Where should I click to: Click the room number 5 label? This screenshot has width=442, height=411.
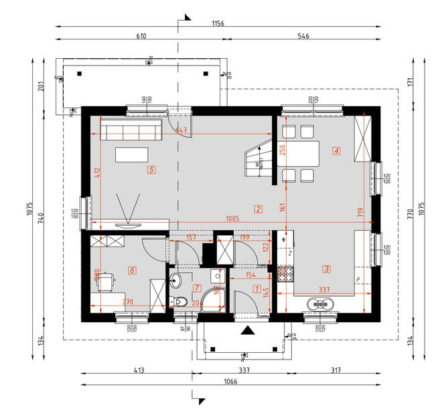click(x=152, y=170)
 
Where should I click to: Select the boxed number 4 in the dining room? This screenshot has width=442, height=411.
click(x=336, y=151)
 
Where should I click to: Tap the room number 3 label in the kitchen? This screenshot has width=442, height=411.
click(x=326, y=269)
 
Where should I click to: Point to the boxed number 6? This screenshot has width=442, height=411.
click(x=132, y=270)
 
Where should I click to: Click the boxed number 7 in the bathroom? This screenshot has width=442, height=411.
click(x=196, y=288)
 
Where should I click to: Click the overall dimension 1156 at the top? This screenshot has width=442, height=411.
click(x=218, y=23)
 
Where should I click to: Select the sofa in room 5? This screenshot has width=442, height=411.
click(x=131, y=130)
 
